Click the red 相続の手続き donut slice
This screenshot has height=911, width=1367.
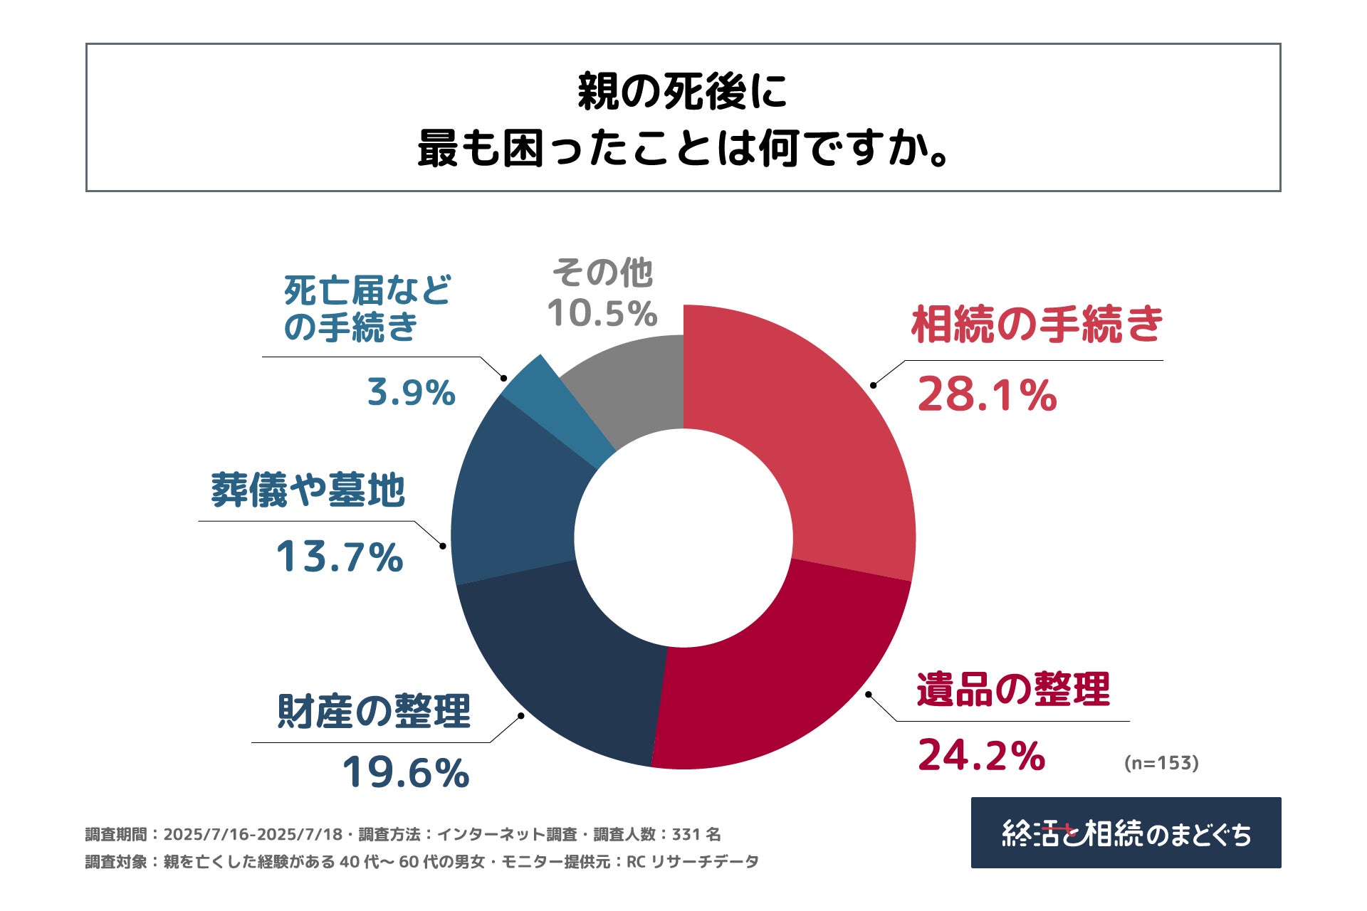[x=819, y=441]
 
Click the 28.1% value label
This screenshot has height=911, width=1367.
[x=987, y=395]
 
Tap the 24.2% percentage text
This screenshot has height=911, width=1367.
[x=981, y=755]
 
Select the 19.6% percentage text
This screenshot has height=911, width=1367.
[x=406, y=772]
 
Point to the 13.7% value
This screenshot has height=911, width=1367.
[x=340, y=557]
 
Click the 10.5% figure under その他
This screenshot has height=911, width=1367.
[x=602, y=314]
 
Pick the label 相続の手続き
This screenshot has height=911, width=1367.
[x=1037, y=324]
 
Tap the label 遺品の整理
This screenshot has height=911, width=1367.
[x=1013, y=689]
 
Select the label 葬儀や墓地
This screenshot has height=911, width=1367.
[x=308, y=490]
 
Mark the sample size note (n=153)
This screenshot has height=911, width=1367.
[x=1161, y=763]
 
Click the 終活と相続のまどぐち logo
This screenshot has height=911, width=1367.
[x=1126, y=833]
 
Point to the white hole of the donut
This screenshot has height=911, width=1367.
[x=683, y=538]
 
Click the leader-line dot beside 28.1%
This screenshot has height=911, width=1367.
[x=873, y=385]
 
